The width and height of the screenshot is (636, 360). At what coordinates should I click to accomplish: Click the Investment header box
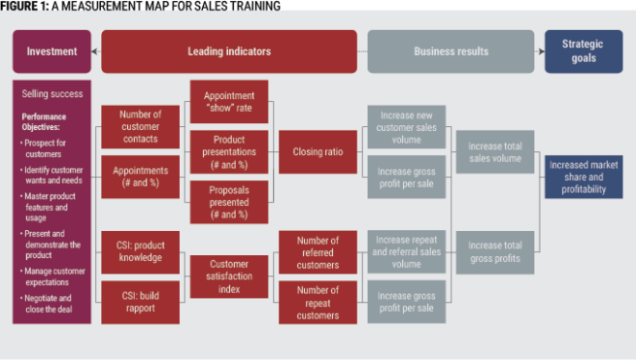click(x=50, y=51)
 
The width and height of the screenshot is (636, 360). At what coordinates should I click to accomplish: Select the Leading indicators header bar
click(x=229, y=51)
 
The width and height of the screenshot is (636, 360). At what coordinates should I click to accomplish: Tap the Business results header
click(x=450, y=51)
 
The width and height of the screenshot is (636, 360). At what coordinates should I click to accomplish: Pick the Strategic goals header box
click(x=584, y=51)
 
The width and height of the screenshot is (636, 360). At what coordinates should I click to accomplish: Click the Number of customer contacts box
click(x=140, y=126)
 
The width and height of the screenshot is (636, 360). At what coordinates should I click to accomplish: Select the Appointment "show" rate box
click(x=229, y=101)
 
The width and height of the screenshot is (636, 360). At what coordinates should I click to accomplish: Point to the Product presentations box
click(x=229, y=151)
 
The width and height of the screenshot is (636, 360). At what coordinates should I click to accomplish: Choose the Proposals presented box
click(x=229, y=201)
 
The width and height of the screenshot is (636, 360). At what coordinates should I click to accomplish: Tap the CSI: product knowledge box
click(x=140, y=250)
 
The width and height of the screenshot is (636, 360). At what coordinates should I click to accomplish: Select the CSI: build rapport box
click(x=140, y=301)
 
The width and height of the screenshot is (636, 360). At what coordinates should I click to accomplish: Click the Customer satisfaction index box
click(x=229, y=276)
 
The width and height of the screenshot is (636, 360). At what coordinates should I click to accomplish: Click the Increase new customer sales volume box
click(x=407, y=126)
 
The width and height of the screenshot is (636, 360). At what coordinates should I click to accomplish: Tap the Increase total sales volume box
click(x=495, y=151)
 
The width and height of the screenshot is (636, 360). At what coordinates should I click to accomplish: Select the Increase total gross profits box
click(x=495, y=250)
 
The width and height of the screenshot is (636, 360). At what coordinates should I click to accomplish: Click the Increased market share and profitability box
click(x=584, y=177)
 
